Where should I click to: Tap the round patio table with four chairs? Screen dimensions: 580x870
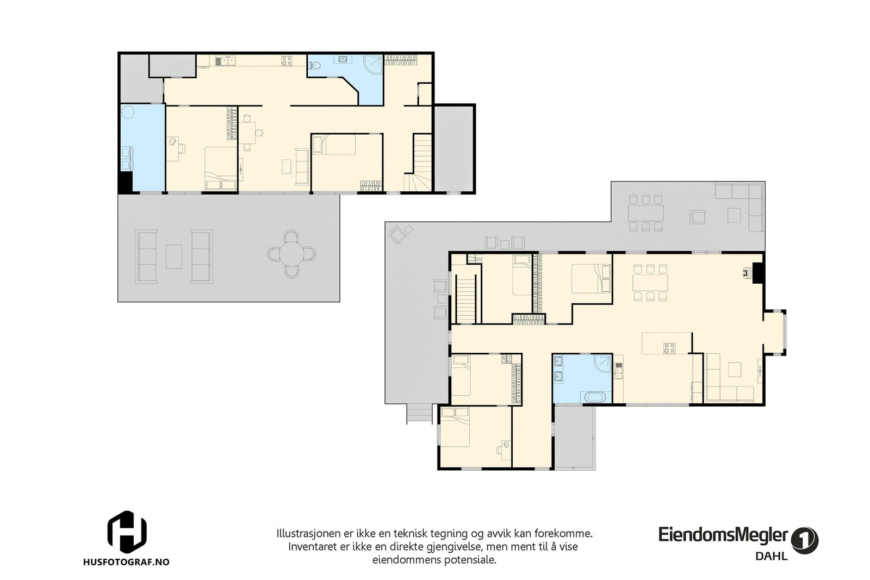pyautogui.click(x=292, y=254)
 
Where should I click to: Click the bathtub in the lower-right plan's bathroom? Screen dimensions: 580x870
pyautogui.click(x=595, y=397)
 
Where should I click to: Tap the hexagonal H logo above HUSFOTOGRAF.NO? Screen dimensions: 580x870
pyautogui.click(x=127, y=532)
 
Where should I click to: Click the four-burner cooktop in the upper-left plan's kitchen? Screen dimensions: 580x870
pyautogui.click(x=287, y=61)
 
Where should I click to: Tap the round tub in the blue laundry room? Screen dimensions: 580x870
pyautogui.click(x=128, y=112)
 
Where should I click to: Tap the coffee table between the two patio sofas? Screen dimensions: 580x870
pyautogui.click(x=174, y=256)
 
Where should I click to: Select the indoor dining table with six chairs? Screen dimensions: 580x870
pyautogui.click(x=650, y=282)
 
